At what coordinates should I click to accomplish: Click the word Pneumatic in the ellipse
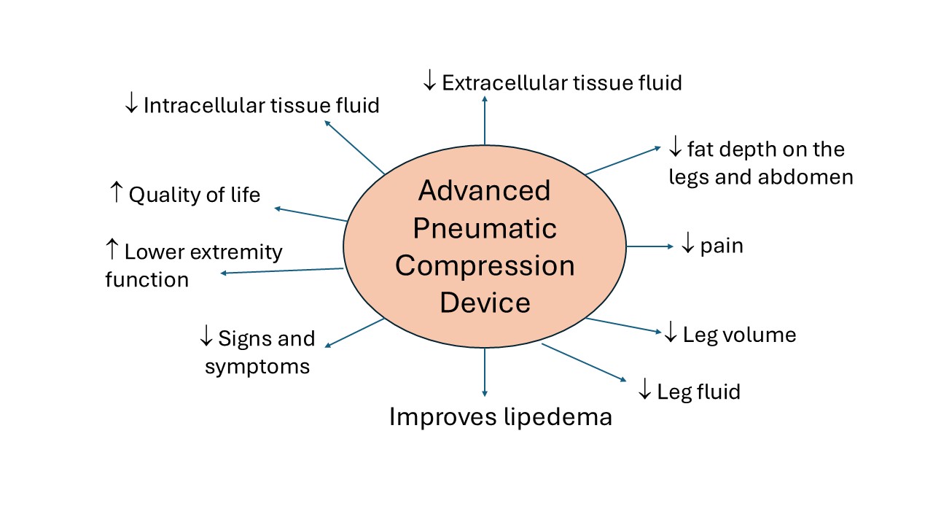tap(485, 229)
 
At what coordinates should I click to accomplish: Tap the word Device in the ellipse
tap(485, 302)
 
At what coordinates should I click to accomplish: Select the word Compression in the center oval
tap(485, 265)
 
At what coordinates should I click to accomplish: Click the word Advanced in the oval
tap(485, 191)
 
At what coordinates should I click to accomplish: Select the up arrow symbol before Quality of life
tap(116, 194)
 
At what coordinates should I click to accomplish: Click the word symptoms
tap(257, 366)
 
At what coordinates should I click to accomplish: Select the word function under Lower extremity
tap(147, 280)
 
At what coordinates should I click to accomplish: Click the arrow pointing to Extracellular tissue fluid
tap(485, 120)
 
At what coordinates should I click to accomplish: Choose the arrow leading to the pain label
tap(650, 246)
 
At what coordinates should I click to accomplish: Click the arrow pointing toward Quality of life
tap(310, 214)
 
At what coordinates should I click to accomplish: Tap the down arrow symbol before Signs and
tap(206, 338)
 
